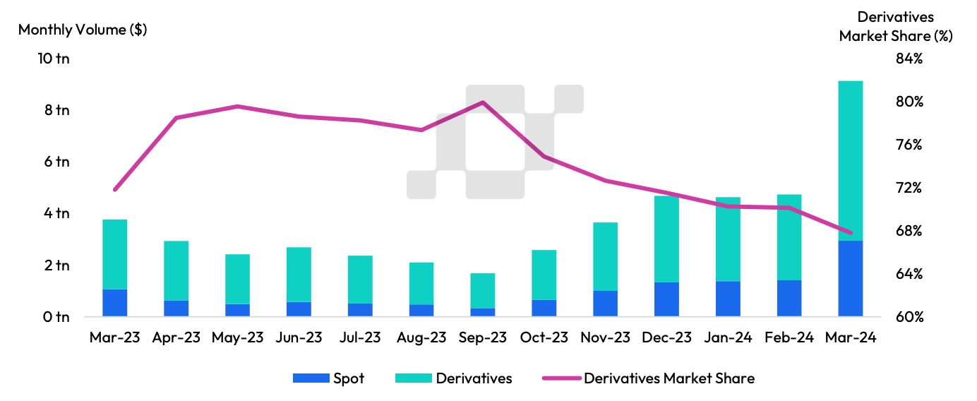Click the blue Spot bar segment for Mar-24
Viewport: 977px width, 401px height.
click(x=851, y=278)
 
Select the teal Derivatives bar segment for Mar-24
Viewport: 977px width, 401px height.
click(x=851, y=161)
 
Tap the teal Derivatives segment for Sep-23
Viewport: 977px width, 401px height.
click(x=483, y=291)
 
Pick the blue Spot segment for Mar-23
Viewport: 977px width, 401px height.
click(x=114, y=302)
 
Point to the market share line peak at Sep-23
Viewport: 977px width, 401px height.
click(x=483, y=102)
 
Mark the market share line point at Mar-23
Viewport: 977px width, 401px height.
click(x=114, y=190)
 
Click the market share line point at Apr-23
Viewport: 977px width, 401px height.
click(x=176, y=117)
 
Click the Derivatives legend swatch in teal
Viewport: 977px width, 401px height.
click(x=414, y=378)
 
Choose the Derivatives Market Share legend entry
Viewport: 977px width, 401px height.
click(x=649, y=378)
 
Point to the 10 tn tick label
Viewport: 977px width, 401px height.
click(x=54, y=59)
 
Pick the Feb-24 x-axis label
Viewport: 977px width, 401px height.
click(x=789, y=337)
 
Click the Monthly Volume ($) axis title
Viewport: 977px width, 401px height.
click(x=83, y=30)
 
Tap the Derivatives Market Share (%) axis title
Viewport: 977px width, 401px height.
click(x=896, y=27)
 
